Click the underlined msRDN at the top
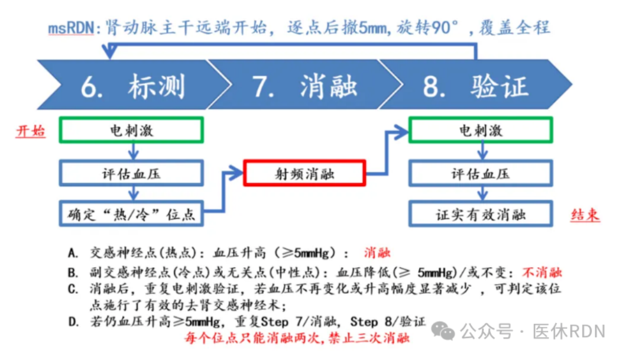pos(70,28)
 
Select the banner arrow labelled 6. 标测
pos(130,87)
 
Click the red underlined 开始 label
pos(30,131)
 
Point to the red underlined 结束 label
pos(585,215)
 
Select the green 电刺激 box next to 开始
pos(131,131)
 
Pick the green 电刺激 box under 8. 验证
pos(481,131)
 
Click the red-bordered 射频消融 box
pos(304,174)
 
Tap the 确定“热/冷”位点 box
pos(131,214)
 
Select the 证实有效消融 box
pos(481,214)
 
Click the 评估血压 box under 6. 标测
pos(131,174)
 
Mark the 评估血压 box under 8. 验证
pos(481,174)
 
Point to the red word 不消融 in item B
pos(541,273)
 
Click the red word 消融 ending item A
pos(377,253)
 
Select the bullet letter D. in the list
pos(73,323)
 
